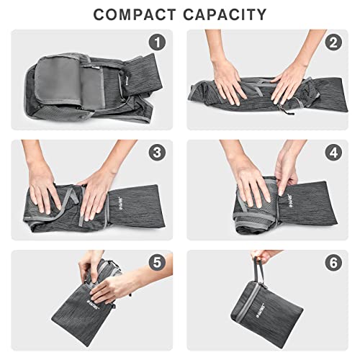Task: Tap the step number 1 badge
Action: click(x=159, y=44)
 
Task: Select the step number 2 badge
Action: click(x=333, y=43)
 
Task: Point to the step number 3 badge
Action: click(x=159, y=153)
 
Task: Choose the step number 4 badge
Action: click(x=333, y=153)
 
